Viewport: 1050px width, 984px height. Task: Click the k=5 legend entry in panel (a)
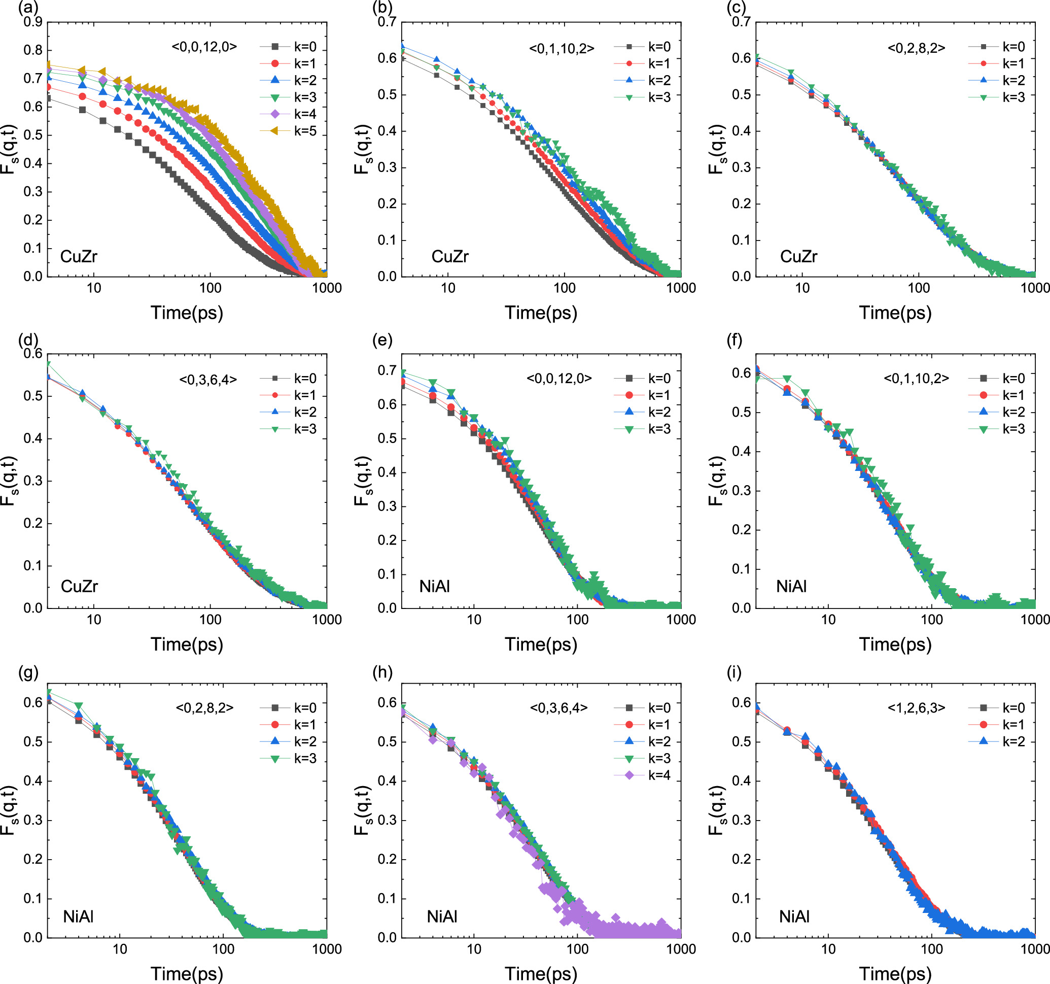coord(305,131)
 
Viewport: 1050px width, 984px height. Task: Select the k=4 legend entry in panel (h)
coord(658,775)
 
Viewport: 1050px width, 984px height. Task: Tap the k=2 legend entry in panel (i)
coord(1013,741)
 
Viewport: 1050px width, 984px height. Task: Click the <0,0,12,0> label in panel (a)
coord(204,47)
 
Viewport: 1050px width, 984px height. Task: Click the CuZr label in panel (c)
coord(798,257)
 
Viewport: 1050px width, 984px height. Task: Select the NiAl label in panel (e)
coord(434,586)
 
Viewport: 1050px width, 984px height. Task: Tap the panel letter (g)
coord(28,672)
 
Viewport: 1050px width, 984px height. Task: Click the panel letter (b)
coord(382,9)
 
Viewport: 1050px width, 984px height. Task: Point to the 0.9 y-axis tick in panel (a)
coord(33,22)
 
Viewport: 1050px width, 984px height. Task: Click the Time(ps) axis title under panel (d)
coord(187,644)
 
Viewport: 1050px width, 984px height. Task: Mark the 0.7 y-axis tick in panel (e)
coord(387,370)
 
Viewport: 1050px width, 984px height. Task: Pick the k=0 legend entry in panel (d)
coord(305,379)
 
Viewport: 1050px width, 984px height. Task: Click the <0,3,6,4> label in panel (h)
coord(558,707)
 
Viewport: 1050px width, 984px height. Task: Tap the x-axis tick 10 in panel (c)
coord(802,288)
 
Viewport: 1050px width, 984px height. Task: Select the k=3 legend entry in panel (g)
coord(305,758)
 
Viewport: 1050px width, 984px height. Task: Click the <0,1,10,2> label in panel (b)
coord(562,49)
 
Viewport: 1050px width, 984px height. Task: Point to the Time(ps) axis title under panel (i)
coord(895,973)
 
